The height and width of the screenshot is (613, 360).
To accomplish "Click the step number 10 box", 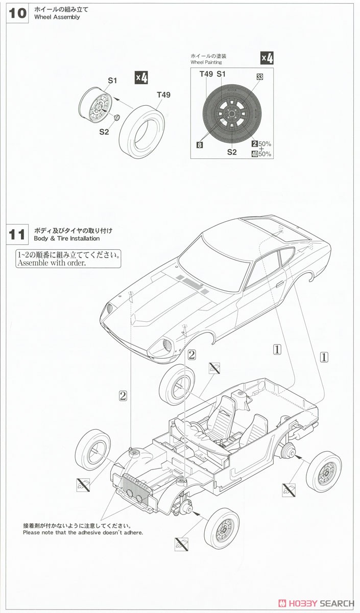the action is pyautogui.click(x=17, y=13).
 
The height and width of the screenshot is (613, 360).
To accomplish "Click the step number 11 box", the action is pyautogui.click(x=17, y=234).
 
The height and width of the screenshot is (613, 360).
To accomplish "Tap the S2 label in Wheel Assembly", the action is pyautogui.click(x=104, y=132).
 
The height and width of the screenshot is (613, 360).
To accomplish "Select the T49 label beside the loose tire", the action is pyautogui.click(x=163, y=95).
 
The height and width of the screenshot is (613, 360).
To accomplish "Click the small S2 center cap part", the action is pyautogui.click(x=117, y=117).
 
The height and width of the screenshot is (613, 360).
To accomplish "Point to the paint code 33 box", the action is pyautogui.click(x=259, y=77).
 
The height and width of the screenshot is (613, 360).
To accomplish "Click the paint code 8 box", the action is pyautogui.click(x=200, y=145).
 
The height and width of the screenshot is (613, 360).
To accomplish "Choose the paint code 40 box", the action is pyautogui.click(x=254, y=154).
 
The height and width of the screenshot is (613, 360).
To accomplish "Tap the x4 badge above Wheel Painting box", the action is pyautogui.click(x=267, y=58).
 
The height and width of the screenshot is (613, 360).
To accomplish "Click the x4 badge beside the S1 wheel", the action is pyautogui.click(x=141, y=78).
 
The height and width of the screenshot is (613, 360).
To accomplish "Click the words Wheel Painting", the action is pyautogui.click(x=206, y=62).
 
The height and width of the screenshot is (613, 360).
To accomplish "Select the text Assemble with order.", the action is pyautogui.click(x=52, y=263).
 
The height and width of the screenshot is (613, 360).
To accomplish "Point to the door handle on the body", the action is pyautogui.click(x=280, y=284).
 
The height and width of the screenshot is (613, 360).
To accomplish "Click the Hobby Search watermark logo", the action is pyautogui.click(x=316, y=603).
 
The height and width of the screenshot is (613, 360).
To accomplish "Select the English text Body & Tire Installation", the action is pyautogui.click(x=67, y=239).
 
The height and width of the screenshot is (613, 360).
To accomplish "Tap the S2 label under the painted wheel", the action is pyautogui.click(x=232, y=152).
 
